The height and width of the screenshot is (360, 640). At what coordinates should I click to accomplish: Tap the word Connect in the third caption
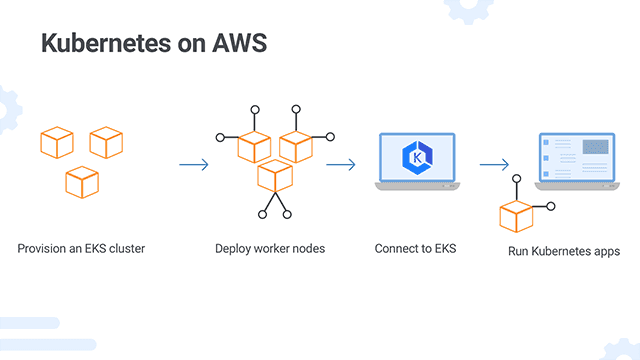396,247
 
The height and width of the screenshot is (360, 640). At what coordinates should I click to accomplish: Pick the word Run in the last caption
519,251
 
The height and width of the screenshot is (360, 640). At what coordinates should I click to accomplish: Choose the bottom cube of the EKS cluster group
82,181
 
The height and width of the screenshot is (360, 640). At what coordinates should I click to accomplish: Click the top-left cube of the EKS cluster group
57,142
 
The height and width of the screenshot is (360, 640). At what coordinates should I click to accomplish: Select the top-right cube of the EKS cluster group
106,142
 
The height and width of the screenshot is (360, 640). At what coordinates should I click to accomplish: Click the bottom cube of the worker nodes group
274,176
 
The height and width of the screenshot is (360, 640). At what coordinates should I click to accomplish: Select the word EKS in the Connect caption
444,247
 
